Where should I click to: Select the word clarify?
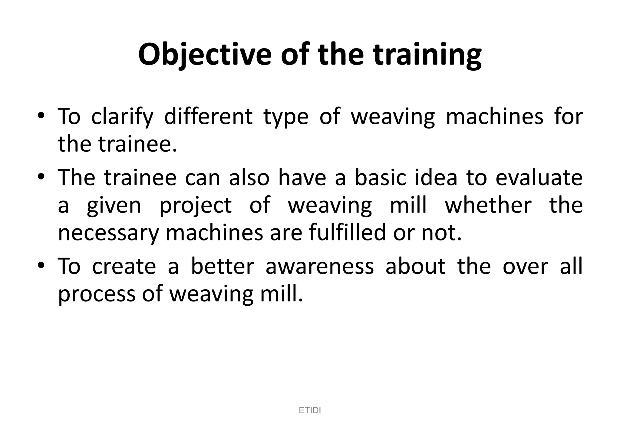122,117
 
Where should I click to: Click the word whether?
488,205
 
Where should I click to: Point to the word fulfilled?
347,233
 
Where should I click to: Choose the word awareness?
320,266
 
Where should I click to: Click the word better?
223,266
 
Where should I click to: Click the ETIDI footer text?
310,411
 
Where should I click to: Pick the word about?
415,266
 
